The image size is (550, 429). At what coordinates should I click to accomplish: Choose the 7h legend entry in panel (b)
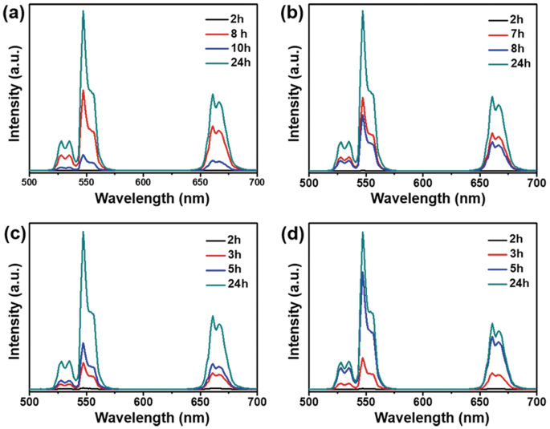tap(503, 32)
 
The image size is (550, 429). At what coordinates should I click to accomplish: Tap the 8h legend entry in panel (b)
tap(503, 47)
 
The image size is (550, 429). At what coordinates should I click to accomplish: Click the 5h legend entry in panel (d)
tap(503, 268)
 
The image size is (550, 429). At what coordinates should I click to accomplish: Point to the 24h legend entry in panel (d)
tap(503, 282)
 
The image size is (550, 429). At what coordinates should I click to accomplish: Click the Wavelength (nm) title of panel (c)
tap(143, 418)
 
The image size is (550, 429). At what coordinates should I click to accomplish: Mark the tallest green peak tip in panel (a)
tap(84, 11)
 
